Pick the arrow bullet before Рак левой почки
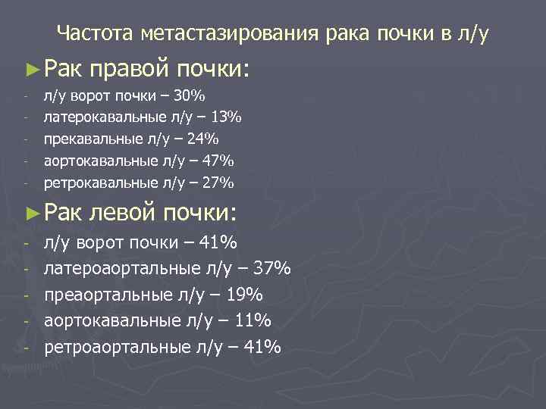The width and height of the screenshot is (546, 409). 31,213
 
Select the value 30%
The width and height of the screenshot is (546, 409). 188,96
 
